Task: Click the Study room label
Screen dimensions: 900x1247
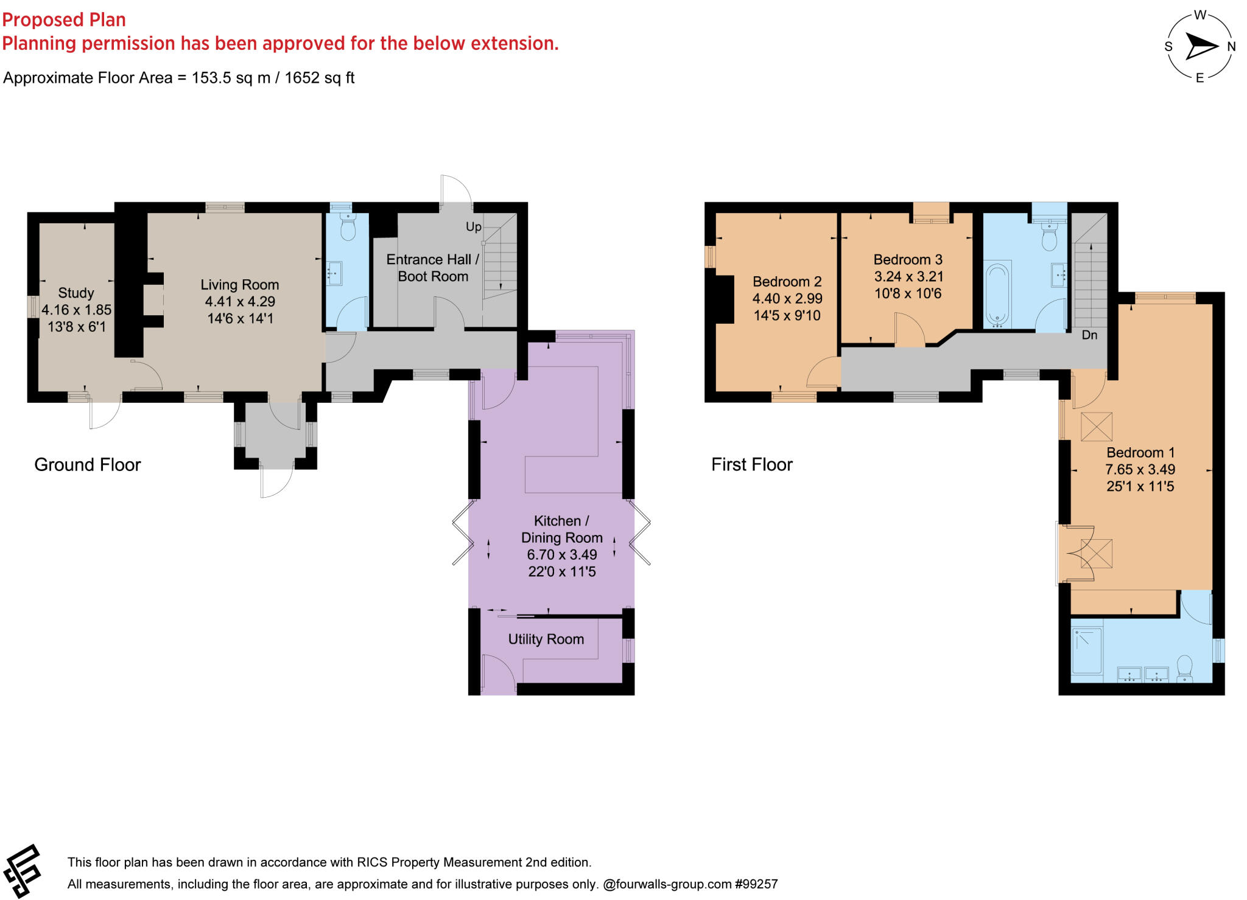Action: pyautogui.click(x=76, y=293)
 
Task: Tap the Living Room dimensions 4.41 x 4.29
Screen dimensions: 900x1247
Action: pyautogui.click(x=240, y=302)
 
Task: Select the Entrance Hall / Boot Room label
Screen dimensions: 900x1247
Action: pyautogui.click(x=432, y=268)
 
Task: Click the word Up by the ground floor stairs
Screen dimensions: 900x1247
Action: pyautogui.click(x=473, y=227)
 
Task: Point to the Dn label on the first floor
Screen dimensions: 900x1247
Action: pyautogui.click(x=1089, y=335)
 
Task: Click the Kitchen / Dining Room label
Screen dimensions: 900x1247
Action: pyautogui.click(x=561, y=529)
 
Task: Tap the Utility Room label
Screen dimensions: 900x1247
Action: pyautogui.click(x=546, y=639)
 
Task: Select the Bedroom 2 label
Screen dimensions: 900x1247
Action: pyautogui.click(x=787, y=282)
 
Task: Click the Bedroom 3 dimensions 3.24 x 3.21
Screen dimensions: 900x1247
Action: pyautogui.click(x=908, y=277)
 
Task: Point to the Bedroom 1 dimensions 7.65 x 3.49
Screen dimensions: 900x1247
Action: pyautogui.click(x=1140, y=470)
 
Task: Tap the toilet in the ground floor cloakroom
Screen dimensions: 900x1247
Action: pyautogui.click(x=348, y=228)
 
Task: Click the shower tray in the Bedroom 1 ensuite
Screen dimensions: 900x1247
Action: pyautogui.click(x=1087, y=651)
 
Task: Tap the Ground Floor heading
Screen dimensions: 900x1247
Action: pyautogui.click(x=87, y=465)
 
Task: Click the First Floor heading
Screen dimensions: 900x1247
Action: pyautogui.click(x=751, y=465)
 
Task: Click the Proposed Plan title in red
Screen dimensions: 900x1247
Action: pyautogui.click(x=64, y=19)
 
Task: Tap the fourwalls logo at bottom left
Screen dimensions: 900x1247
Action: pyautogui.click(x=23, y=871)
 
